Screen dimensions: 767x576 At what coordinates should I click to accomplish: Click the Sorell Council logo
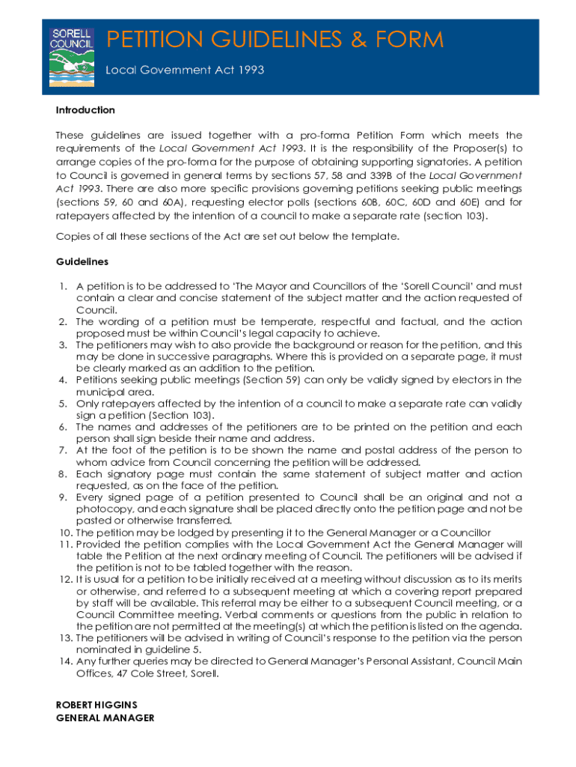71,57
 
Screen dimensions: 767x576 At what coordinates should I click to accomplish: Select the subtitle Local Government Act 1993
184,70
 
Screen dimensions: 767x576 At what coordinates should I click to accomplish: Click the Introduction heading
85,110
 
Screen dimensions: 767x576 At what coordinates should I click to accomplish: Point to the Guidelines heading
82,261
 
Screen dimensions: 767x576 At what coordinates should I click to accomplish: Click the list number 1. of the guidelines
63,286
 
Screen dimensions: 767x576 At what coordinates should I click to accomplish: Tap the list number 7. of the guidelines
63,450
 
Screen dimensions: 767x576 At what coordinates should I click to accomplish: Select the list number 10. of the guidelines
64,533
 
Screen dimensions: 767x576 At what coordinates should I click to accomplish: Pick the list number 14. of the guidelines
64,661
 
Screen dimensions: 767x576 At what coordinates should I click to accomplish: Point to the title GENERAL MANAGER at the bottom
105,718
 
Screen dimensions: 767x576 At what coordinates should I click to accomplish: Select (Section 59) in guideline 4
268,380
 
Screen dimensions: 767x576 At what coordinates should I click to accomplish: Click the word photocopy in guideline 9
99,509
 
